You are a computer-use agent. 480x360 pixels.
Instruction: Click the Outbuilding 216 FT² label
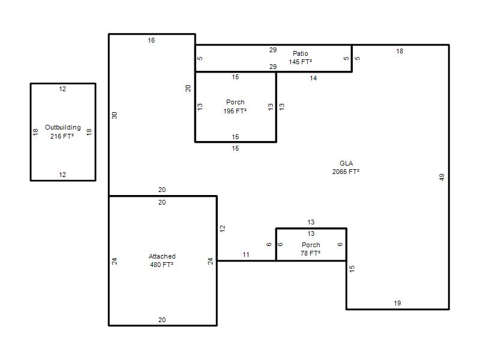click(63, 131)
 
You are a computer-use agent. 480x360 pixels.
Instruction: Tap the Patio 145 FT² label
click(301, 58)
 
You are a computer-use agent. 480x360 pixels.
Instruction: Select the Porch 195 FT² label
click(235, 107)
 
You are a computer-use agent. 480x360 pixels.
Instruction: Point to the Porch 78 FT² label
click(311, 249)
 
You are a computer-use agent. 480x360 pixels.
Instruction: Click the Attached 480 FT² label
click(162, 260)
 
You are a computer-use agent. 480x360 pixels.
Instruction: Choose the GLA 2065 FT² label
click(346, 167)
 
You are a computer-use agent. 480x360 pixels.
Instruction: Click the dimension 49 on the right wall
click(442, 177)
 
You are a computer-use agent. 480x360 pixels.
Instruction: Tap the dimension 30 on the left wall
click(115, 115)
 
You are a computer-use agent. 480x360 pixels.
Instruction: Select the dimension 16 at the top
click(151, 40)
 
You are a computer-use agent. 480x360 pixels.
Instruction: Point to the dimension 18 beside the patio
click(400, 51)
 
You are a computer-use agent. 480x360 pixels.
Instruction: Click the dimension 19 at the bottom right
click(397, 303)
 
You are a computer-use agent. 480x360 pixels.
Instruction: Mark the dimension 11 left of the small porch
click(246, 254)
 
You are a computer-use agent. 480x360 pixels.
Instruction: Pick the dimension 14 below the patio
click(313, 78)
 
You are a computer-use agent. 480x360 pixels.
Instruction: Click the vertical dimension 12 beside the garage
click(223, 229)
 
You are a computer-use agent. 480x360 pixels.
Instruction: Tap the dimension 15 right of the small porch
click(352, 269)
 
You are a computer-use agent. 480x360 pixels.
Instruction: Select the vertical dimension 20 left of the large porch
click(188, 88)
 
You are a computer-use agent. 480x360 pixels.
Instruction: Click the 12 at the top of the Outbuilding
click(62, 89)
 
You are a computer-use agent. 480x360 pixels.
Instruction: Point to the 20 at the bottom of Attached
click(162, 320)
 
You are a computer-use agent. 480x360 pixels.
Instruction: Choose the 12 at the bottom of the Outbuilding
click(62, 175)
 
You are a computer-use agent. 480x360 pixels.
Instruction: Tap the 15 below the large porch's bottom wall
click(235, 148)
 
